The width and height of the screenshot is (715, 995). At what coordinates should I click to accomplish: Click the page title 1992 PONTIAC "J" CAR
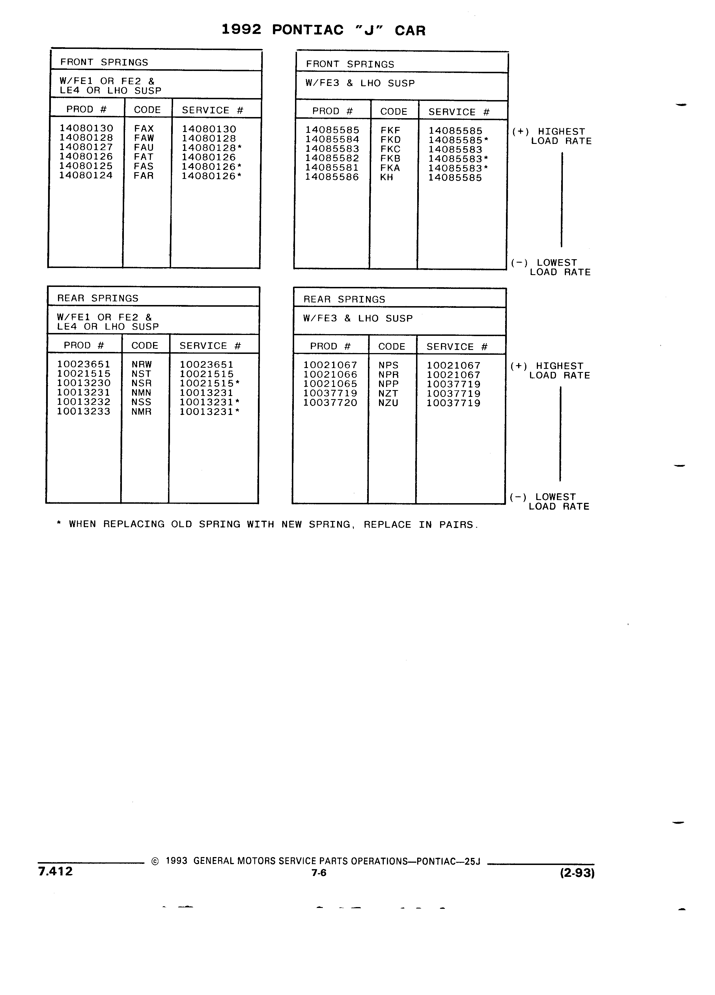[324, 30]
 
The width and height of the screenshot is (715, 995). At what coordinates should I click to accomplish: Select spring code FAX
[144, 129]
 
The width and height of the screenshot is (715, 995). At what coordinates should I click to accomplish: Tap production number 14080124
[86, 176]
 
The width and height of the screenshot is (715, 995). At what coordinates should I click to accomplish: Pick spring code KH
[387, 177]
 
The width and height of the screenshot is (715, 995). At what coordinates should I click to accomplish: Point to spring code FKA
[390, 168]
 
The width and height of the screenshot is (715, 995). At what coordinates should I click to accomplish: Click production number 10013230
[84, 383]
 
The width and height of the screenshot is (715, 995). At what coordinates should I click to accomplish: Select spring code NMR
[141, 412]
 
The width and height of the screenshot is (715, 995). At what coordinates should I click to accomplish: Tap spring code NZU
[388, 403]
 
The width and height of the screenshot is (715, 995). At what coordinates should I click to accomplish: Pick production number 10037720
[330, 403]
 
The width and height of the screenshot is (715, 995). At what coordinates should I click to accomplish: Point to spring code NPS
[388, 365]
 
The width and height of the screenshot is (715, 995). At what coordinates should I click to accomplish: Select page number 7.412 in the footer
[55, 871]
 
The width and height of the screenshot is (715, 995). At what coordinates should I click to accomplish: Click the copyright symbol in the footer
[155, 862]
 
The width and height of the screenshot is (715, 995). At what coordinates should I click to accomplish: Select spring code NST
[141, 374]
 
